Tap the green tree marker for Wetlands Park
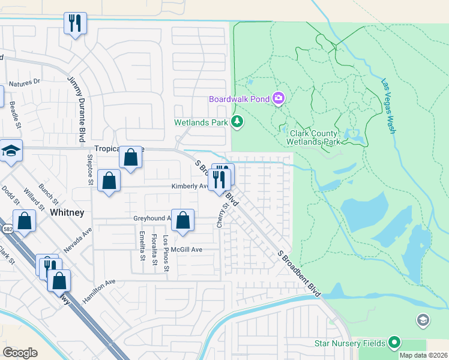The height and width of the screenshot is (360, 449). pyautogui.click(x=238, y=122)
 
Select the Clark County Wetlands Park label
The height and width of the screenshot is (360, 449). pyautogui.click(x=315, y=137)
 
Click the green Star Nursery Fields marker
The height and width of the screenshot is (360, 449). pyautogui.click(x=394, y=343)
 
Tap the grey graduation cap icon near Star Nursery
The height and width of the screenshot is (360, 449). pyautogui.click(x=423, y=320)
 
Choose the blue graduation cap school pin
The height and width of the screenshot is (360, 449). pyautogui.click(x=10, y=151)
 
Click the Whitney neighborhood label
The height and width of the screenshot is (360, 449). pyautogui.click(x=67, y=213)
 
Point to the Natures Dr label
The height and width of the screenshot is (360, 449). pyautogui.click(x=24, y=81)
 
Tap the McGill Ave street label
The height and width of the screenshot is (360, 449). pyautogui.click(x=186, y=250)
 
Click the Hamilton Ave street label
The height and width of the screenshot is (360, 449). pyautogui.click(x=98, y=290)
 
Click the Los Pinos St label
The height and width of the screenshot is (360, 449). pyautogui.click(x=166, y=248)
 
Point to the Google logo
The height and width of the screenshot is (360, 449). pyautogui.click(x=20, y=353)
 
